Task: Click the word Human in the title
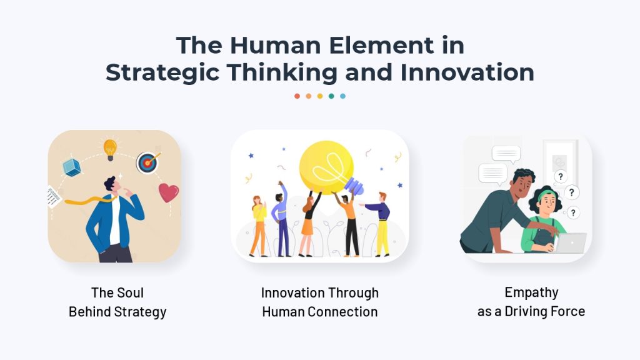[x=276, y=45]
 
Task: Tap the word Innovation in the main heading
[x=467, y=72]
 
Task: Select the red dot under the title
[x=297, y=96]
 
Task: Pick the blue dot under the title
[x=343, y=96]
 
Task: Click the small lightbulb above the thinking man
[x=110, y=149]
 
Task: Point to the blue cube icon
[x=72, y=167]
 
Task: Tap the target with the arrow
[x=147, y=162]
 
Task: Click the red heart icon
[x=169, y=192]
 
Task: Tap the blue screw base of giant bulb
[x=354, y=186]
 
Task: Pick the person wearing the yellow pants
[x=379, y=224]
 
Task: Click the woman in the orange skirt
[x=309, y=224]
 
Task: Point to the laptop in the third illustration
[x=570, y=243]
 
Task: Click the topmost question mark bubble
[x=561, y=177]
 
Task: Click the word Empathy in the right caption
[x=531, y=293]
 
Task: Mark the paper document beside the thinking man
[x=53, y=197]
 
